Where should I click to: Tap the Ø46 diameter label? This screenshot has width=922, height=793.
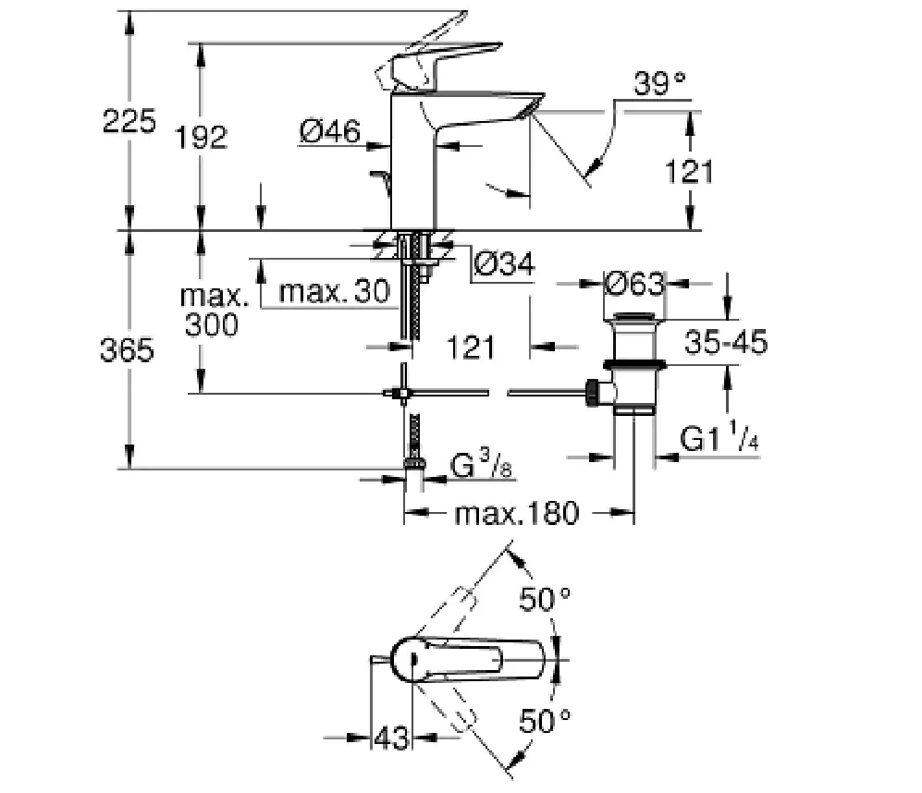(x=329, y=132)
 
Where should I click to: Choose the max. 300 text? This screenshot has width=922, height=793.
(x=214, y=311)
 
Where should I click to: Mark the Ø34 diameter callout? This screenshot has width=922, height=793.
(x=504, y=265)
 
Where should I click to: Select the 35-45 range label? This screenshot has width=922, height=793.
(x=726, y=343)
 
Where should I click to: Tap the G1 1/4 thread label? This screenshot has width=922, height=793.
(x=719, y=440)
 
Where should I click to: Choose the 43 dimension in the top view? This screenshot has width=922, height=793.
(x=391, y=738)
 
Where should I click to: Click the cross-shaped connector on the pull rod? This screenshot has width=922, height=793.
(x=404, y=394)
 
